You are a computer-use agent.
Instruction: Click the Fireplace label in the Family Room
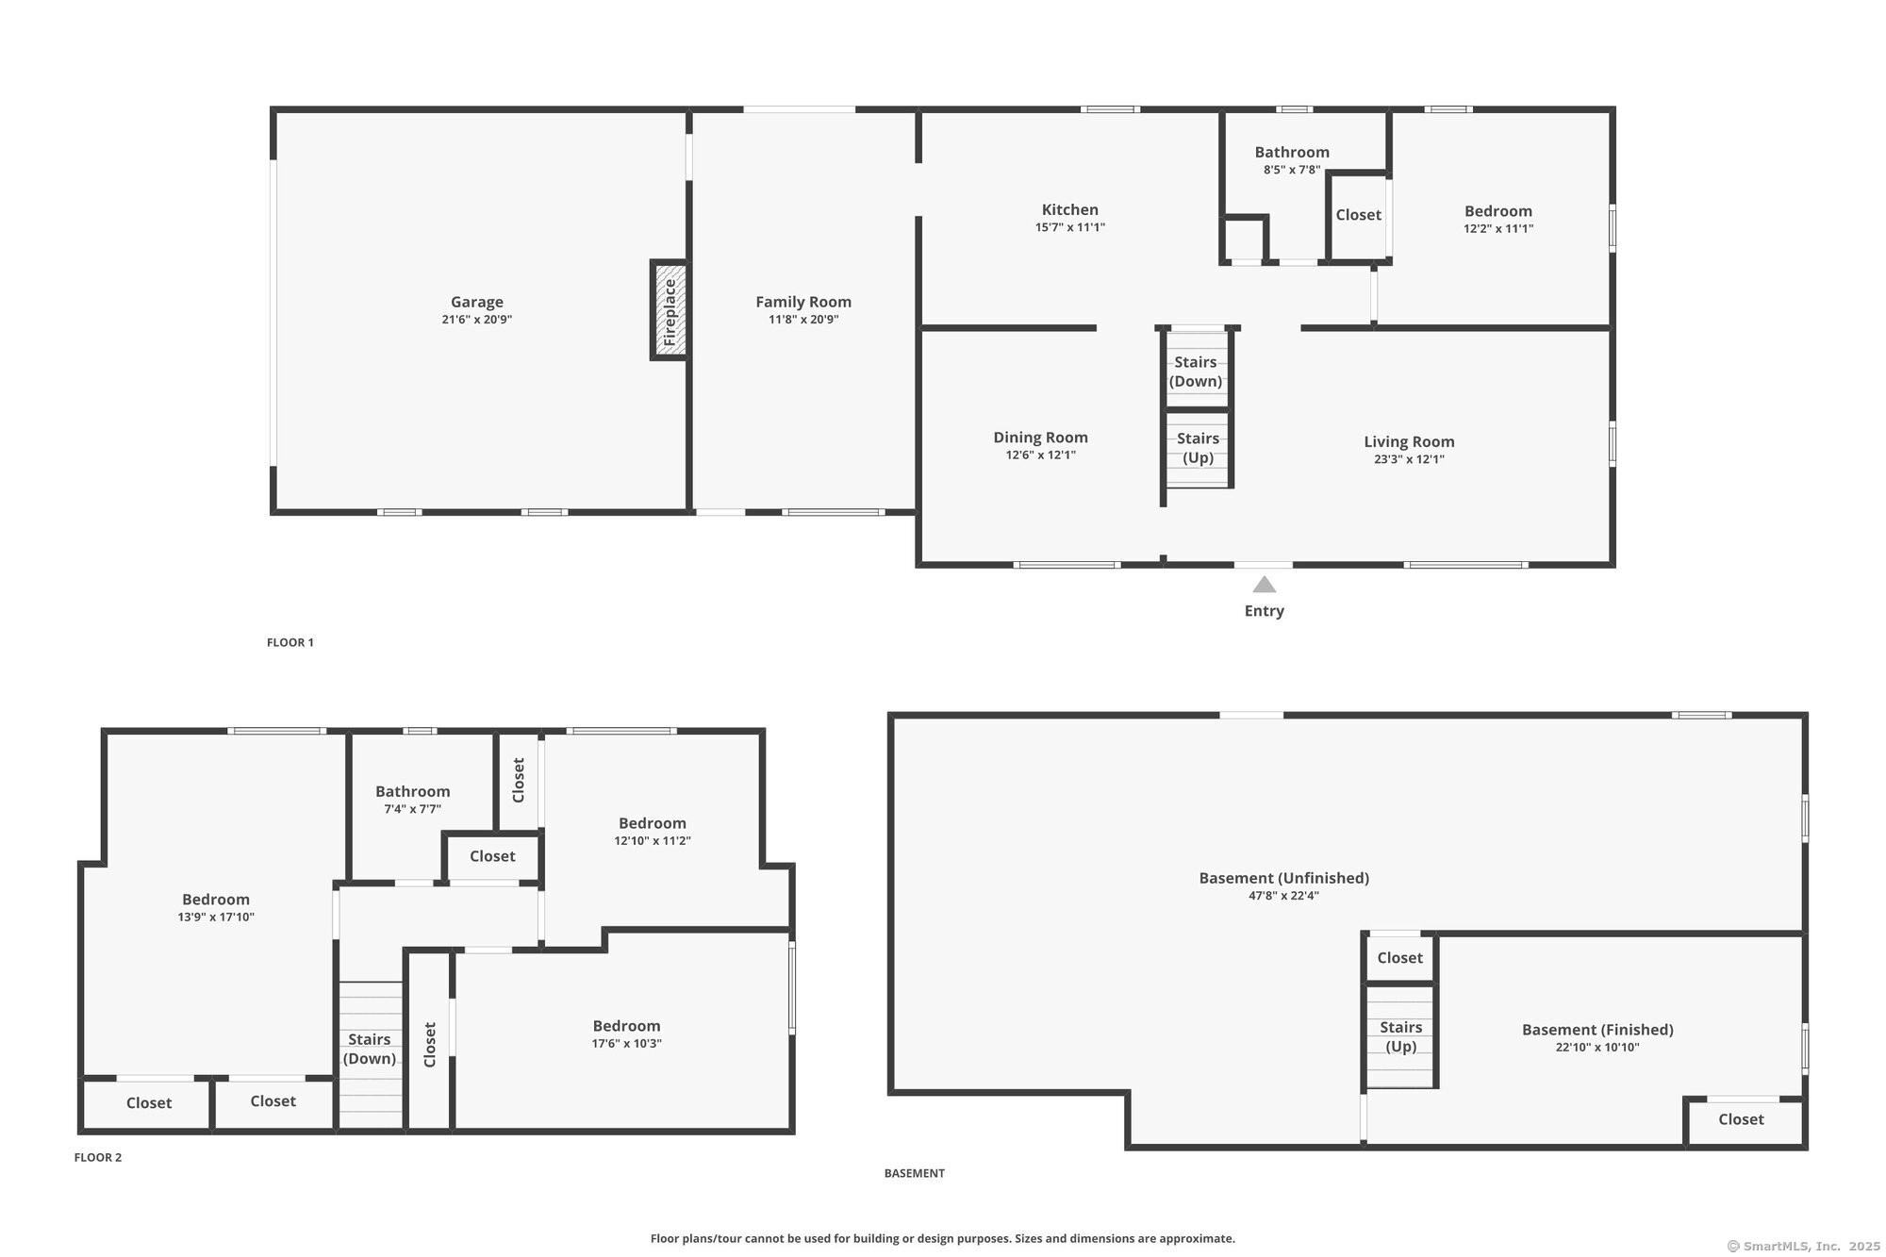click(670, 311)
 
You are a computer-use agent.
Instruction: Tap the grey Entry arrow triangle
click(1264, 585)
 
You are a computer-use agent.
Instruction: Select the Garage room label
click(476, 302)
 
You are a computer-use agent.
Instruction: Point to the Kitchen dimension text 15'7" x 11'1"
click(1069, 227)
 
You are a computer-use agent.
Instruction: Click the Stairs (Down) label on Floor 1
click(1195, 372)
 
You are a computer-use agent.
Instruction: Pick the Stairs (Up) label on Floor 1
click(1198, 448)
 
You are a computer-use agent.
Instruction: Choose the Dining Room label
click(1040, 438)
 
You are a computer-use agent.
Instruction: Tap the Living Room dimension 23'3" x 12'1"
click(1409, 459)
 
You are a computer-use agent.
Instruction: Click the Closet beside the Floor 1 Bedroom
click(1358, 215)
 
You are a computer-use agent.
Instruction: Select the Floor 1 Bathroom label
click(1291, 152)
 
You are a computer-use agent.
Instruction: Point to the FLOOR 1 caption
click(290, 642)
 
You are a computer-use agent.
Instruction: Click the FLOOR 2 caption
click(98, 1157)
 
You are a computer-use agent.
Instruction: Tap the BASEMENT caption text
click(914, 1173)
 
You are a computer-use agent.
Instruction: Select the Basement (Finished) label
click(1597, 1030)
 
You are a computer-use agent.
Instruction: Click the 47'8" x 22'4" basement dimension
click(1283, 896)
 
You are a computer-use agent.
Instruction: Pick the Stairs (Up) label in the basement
click(1400, 1036)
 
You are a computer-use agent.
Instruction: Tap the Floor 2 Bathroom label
click(412, 791)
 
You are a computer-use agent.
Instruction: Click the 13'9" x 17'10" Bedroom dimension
click(216, 917)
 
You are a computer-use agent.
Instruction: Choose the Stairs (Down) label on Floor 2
click(369, 1049)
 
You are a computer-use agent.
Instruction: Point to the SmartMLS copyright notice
click(1803, 1246)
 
